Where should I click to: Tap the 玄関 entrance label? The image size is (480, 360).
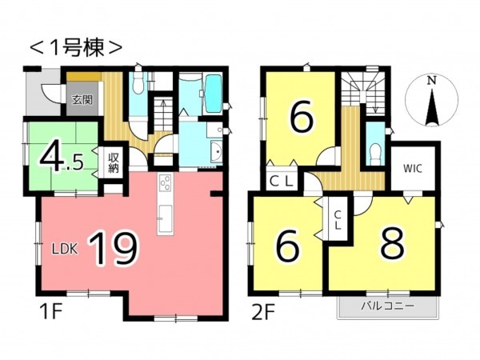80,100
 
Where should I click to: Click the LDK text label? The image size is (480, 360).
65,248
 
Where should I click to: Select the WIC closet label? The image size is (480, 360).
413,168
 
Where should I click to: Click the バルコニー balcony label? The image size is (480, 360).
387,306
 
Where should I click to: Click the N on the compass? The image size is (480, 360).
431,81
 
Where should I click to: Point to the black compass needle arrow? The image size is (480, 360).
431,106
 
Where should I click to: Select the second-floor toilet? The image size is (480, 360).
374,150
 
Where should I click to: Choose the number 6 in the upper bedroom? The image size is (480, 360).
301,118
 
